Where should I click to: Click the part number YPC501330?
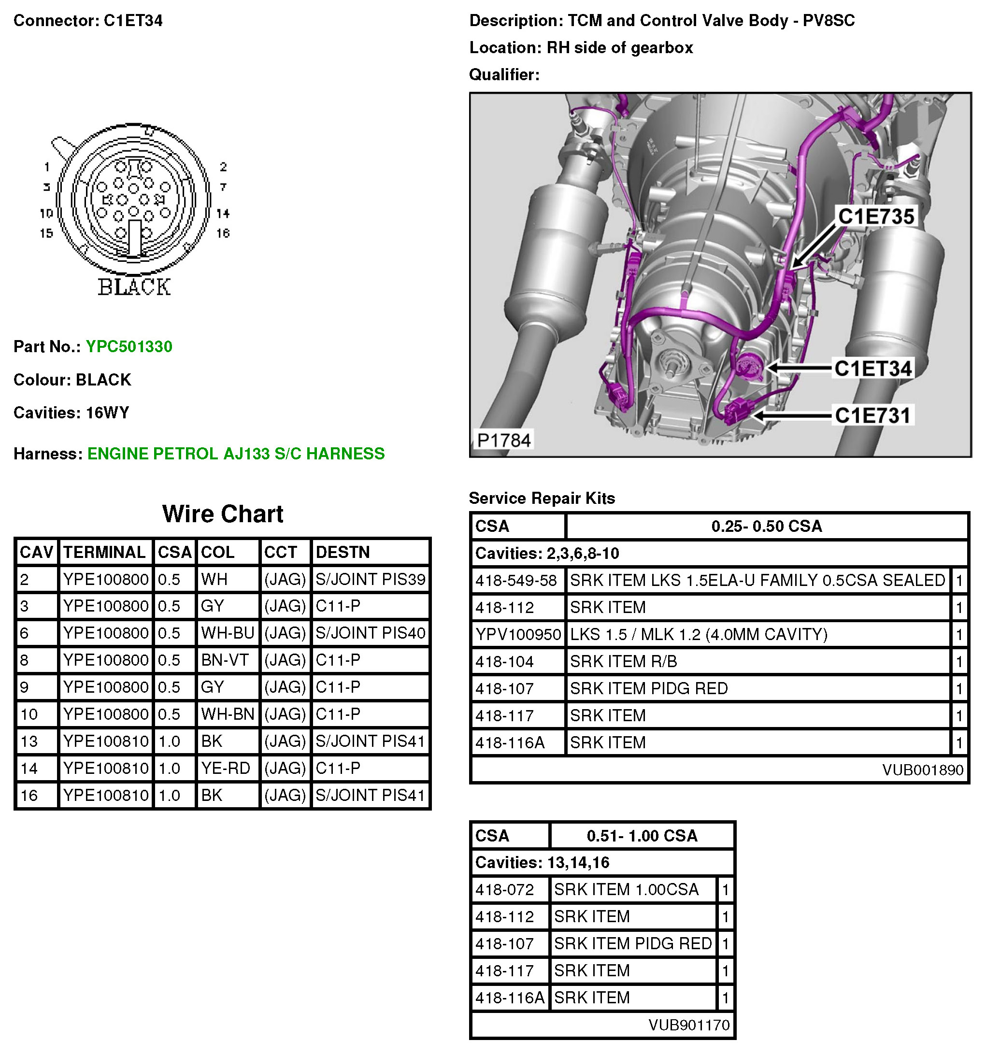[x=129, y=346]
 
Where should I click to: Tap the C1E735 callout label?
[x=876, y=216]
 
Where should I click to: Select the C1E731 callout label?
[x=872, y=415]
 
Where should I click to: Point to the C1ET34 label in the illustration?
[x=872, y=368]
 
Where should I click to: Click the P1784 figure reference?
[x=503, y=440]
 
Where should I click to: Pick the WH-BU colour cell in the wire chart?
[x=228, y=633]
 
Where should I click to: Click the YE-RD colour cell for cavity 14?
[x=226, y=768]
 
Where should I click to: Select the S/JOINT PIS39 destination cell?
[x=370, y=579]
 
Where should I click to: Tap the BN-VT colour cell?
[x=225, y=660]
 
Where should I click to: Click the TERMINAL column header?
[x=104, y=552]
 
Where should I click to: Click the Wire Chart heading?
[x=222, y=513]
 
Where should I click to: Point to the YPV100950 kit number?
[x=518, y=634]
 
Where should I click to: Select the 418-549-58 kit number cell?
[x=516, y=580]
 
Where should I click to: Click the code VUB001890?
[x=922, y=770]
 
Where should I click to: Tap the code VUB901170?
[x=689, y=1025]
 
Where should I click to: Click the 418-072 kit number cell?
[x=504, y=889]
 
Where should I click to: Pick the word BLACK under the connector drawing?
[x=134, y=287]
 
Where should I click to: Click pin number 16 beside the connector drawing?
[x=223, y=233]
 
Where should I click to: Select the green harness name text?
[x=236, y=454]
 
